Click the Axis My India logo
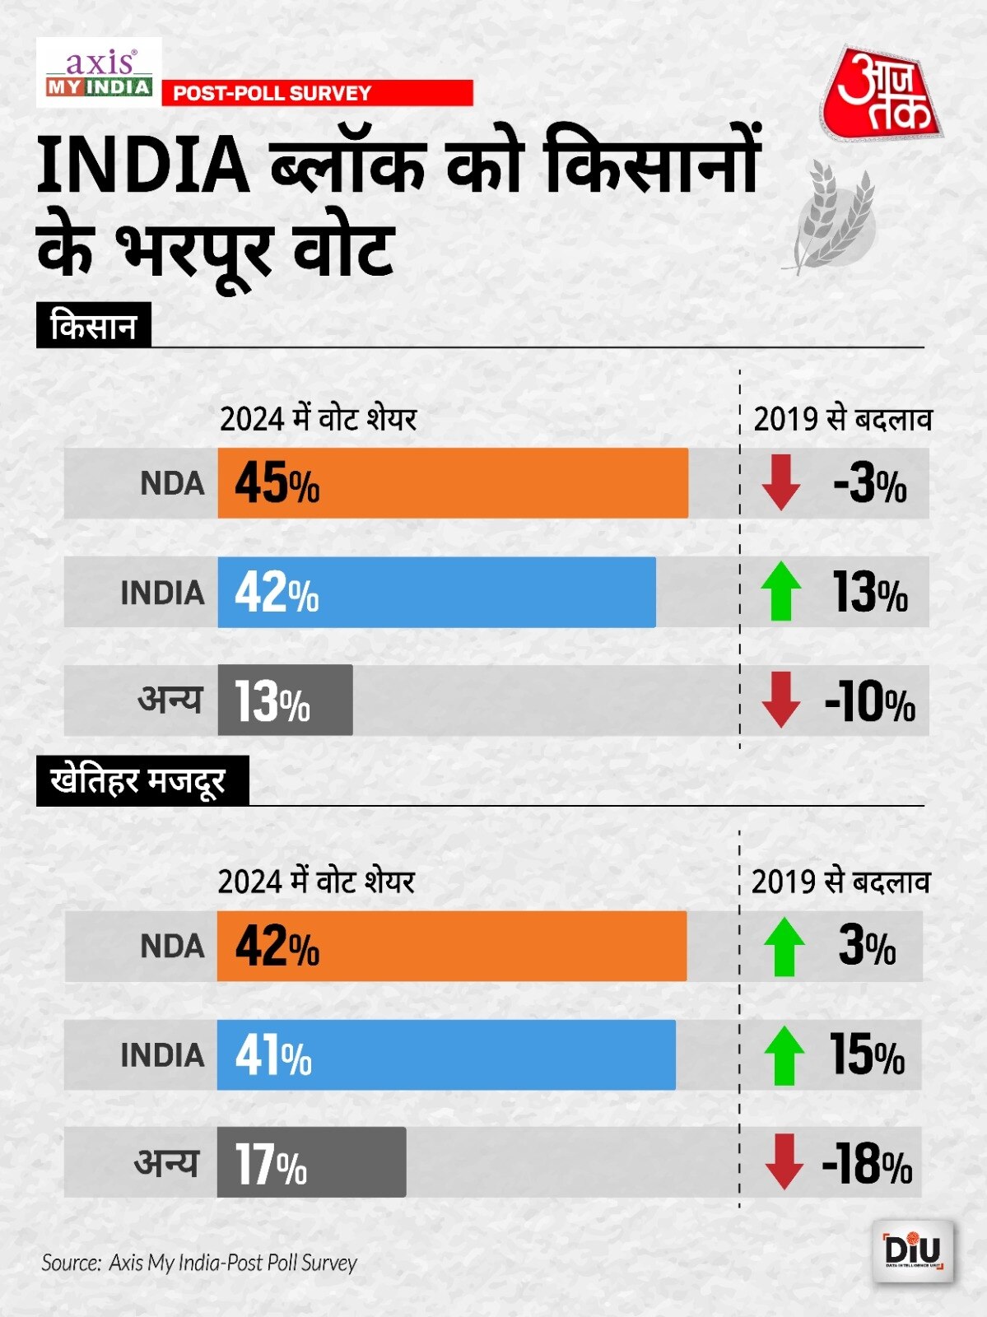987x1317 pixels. (99, 73)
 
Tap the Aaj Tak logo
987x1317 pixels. (879, 95)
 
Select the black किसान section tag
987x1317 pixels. (93, 326)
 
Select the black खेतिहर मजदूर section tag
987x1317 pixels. (142, 780)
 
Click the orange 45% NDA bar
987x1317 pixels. (453, 483)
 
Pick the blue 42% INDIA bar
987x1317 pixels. (436, 592)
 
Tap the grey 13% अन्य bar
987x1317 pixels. (285, 700)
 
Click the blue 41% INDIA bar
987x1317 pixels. (446, 1055)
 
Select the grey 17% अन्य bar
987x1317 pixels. (311, 1162)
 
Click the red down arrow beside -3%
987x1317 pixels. (780, 482)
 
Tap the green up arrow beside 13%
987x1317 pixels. (780, 592)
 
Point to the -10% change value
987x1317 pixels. (869, 702)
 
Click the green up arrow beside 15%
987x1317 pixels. (784, 1055)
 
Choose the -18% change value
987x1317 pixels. (867, 1164)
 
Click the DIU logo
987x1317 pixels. (912, 1251)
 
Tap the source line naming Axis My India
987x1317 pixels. (199, 1263)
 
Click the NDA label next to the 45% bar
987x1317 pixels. (172, 483)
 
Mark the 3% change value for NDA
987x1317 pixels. (867, 947)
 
